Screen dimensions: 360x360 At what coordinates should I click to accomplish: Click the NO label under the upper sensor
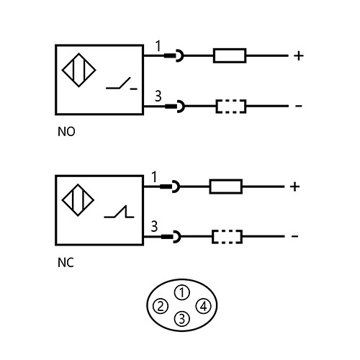click(x=66, y=133)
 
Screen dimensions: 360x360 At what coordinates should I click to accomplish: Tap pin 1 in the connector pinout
click(x=183, y=292)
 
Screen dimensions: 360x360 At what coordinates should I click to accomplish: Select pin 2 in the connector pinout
click(x=160, y=307)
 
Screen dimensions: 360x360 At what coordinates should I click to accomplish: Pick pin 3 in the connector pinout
click(x=183, y=318)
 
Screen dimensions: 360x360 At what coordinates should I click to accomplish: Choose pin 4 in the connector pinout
click(x=204, y=307)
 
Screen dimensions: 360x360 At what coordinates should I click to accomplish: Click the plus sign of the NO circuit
click(x=298, y=55)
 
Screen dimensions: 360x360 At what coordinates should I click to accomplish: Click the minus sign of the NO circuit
click(x=298, y=107)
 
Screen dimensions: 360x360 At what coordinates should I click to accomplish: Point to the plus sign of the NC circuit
click(x=294, y=187)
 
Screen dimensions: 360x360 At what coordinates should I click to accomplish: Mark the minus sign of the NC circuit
click(x=294, y=236)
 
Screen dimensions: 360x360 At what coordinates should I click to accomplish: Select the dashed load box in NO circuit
click(x=231, y=107)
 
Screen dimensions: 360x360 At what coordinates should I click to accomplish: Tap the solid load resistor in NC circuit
click(x=226, y=187)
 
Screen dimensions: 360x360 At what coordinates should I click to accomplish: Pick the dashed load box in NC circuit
click(x=227, y=236)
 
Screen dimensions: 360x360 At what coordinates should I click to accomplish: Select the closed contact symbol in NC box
click(x=117, y=214)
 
